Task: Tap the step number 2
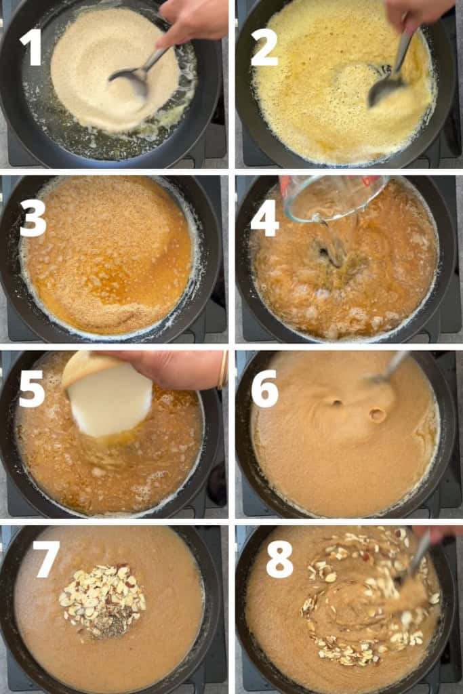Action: pyautogui.click(x=264, y=47)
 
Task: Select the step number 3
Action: pyautogui.click(x=33, y=219)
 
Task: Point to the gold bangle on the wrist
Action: pyautogui.click(x=222, y=370)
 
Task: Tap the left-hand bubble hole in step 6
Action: pyautogui.click(x=335, y=403)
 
